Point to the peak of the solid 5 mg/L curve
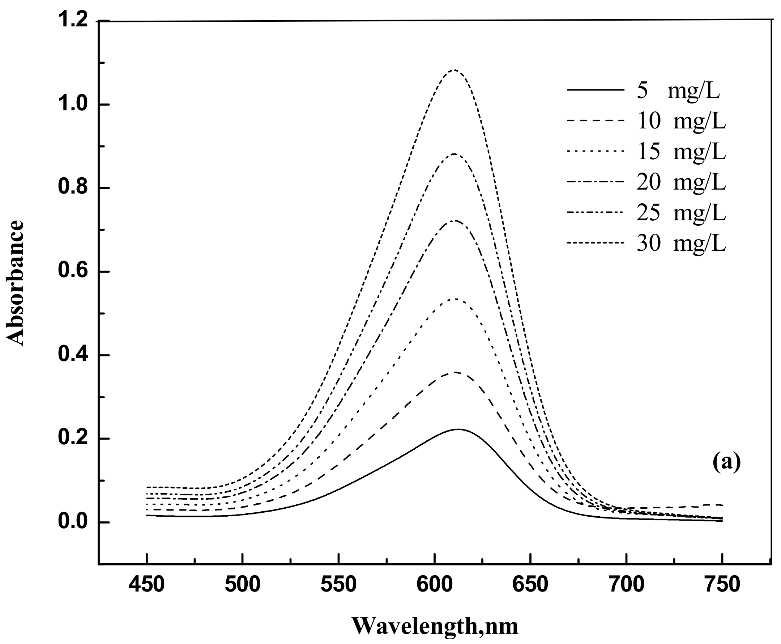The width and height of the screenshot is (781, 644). point(458,429)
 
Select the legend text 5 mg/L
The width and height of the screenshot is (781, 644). point(678,91)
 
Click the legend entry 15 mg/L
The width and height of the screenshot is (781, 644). point(681,152)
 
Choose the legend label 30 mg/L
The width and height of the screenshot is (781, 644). point(681,244)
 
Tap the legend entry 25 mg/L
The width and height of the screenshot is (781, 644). point(681,213)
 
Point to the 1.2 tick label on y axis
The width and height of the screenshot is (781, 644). point(73,21)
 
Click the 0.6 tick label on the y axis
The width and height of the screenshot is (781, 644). point(73,272)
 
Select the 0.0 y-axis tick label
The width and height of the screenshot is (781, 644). point(73,522)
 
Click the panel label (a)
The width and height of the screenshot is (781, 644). point(726,462)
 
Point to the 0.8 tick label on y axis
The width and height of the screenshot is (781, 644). point(73,188)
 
